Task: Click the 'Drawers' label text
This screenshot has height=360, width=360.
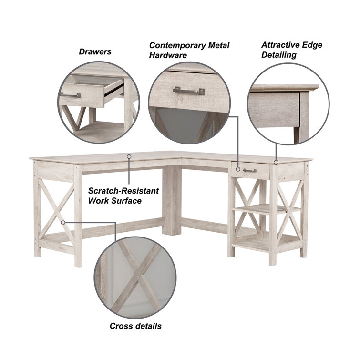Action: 95,52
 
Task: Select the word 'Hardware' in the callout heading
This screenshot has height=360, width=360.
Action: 168,55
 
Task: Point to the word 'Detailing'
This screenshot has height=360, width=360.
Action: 279,55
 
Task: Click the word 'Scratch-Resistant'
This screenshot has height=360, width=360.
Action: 123,191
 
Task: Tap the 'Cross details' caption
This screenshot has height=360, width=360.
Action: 135,326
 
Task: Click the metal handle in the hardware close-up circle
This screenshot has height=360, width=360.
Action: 189,91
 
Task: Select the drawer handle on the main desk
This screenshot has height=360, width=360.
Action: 249,170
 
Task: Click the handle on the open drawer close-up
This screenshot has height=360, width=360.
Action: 70,95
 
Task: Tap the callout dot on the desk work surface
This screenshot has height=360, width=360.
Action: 129,156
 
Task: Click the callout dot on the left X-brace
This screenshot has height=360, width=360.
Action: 63,223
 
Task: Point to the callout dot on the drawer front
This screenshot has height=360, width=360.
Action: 238,169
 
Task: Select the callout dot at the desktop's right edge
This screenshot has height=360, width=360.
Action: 276,162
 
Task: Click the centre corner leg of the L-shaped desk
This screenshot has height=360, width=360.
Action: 172,200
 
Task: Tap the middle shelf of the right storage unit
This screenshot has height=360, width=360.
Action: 267,209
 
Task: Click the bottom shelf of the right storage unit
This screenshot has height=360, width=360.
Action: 267,241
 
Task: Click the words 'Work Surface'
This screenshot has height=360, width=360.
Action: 115,201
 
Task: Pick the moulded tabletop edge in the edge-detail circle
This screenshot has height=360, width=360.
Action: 284,88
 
